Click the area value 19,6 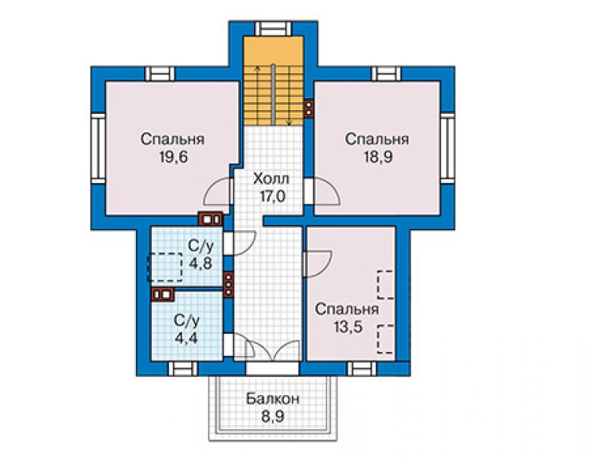point(174,157)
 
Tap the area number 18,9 point(377,157)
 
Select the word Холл point(271,178)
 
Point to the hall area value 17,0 point(272,196)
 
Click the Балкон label point(273,398)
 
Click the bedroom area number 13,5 point(348,327)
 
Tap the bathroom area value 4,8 point(201,263)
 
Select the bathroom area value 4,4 point(186,338)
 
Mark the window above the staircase point(273,29)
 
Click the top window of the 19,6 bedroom point(160,74)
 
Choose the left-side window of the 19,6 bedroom point(99,148)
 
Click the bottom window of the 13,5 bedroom point(361,369)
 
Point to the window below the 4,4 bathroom point(182,369)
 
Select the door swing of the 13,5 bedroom point(318,264)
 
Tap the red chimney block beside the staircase point(309,108)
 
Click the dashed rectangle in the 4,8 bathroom point(166,268)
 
